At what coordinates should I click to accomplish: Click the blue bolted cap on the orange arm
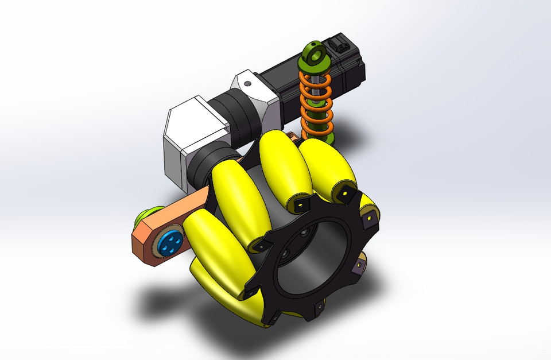169,243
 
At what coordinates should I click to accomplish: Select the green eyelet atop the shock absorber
313,55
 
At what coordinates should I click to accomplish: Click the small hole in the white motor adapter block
247,84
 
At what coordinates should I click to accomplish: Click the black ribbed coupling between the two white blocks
238,118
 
